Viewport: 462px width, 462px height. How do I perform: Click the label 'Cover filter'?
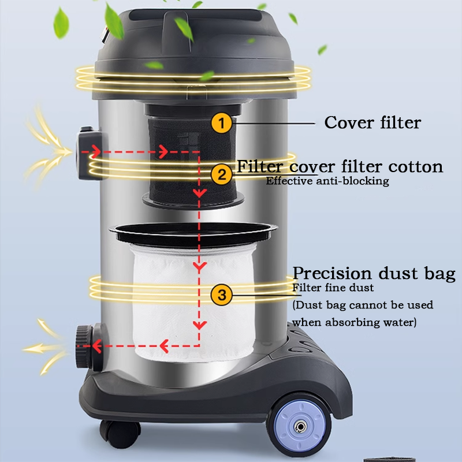point(372,122)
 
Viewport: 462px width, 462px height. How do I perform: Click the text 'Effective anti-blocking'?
point(327,181)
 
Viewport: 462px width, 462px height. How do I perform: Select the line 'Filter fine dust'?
point(333,288)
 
